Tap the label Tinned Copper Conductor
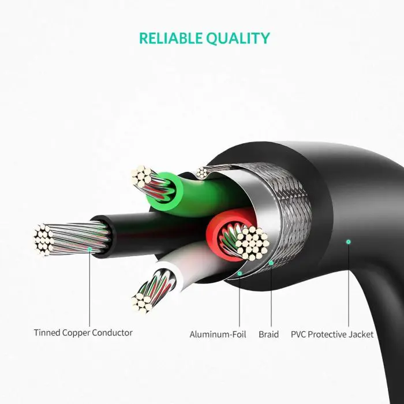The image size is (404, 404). click(83, 333)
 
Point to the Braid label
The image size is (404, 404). click(268, 334)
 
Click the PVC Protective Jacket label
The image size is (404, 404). click(332, 334)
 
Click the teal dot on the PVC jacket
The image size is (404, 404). click(348, 242)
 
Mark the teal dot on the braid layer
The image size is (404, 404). click(270, 263)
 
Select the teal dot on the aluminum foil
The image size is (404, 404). click(240, 273)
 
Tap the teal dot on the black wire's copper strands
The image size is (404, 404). click(89, 249)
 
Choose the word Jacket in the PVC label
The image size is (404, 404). click(360, 334)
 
